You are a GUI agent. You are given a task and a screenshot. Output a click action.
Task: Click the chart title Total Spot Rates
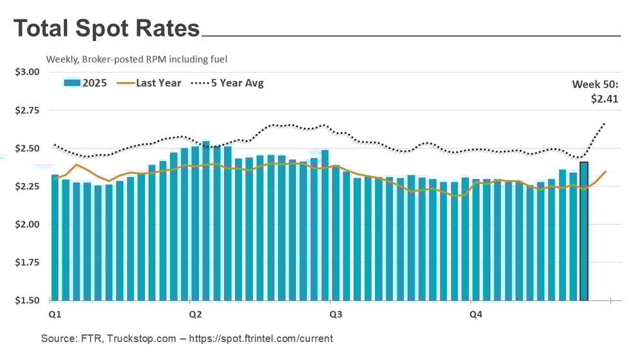pyautogui.click(x=107, y=29)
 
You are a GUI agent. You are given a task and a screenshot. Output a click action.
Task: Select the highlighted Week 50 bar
pyautogui.click(x=584, y=231)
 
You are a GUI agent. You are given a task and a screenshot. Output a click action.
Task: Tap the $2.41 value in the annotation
pyautogui.click(x=604, y=99)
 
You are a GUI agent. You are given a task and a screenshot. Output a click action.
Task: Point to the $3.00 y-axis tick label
pyautogui.click(x=28, y=72)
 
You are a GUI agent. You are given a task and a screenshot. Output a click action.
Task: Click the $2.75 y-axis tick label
pyautogui.click(x=28, y=110)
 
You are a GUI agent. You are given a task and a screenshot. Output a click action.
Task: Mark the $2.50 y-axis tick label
pyautogui.click(x=28, y=148)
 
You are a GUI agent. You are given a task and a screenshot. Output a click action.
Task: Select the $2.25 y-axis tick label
pyautogui.click(x=28, y=186)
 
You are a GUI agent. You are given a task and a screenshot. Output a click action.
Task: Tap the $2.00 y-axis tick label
pyautogui.click(x=28, y=225)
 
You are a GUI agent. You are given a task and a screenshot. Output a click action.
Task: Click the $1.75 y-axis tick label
pyautogui.click(x=28, y=262)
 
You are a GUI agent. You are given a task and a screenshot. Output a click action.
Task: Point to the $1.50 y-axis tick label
pyautogui.click(x=28, y=300)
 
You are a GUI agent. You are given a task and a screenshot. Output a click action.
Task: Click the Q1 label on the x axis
pyautogui.click(x=55, y=314)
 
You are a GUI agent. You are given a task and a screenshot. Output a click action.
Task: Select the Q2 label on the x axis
pyautogui.click(x=195, y=314)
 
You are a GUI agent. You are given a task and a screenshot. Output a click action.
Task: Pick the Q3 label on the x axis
pyautogui.click(x=335, y=314)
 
